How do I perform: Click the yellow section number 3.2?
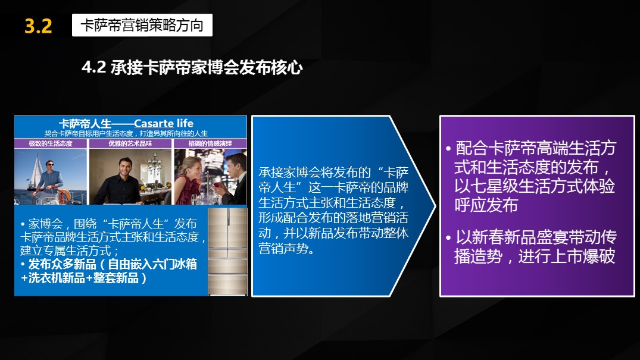(38, 26)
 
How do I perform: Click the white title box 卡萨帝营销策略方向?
(142, 26)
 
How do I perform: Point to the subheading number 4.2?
(94, 67)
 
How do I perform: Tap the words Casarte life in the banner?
(163, 123)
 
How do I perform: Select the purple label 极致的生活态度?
(51, 143)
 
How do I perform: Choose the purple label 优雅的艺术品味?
(130, 143)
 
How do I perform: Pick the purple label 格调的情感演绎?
(210, 143)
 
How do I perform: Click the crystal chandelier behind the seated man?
(154, 165)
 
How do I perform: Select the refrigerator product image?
(227, 251)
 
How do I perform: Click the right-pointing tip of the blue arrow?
(436, 206)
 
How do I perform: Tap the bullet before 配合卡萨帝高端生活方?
(448, 149)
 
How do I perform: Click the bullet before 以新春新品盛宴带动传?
(448, 237)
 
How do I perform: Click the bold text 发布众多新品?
(63, 264)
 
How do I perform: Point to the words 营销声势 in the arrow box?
(283, 248)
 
